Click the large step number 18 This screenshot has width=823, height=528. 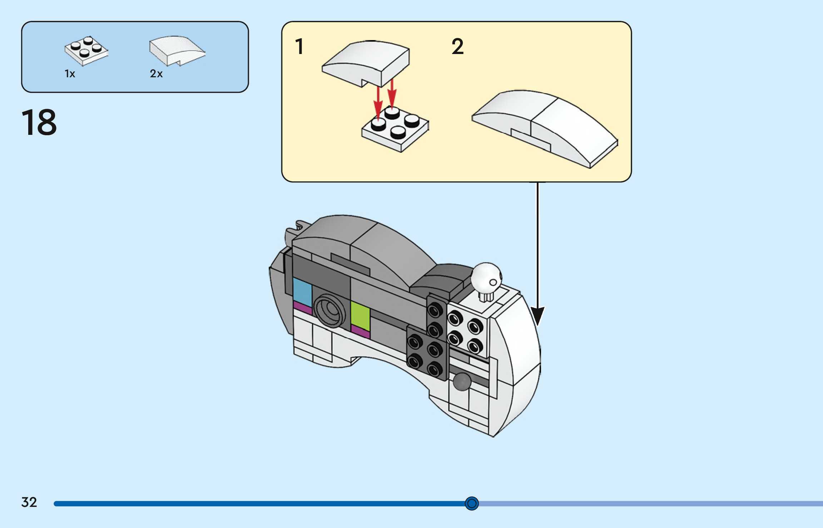coord(39,122)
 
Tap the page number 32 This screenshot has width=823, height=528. coord(29,502)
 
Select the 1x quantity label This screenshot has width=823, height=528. coord(70,74)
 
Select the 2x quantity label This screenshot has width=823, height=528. coord(156,74)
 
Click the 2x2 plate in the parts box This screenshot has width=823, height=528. coord(86,51)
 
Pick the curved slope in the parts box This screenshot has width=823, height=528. coord(177,51)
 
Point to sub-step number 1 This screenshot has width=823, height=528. coord(299,47)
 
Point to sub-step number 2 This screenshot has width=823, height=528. coord(458,47)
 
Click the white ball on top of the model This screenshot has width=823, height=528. coord(486,277)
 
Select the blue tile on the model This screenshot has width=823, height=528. coord(302,292)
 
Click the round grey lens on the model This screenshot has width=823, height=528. coord(330,311)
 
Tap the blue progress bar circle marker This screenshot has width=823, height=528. coord(472,503)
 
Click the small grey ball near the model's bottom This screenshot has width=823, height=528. coord(462,382)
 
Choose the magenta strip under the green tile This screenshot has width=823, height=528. coord(361,332)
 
